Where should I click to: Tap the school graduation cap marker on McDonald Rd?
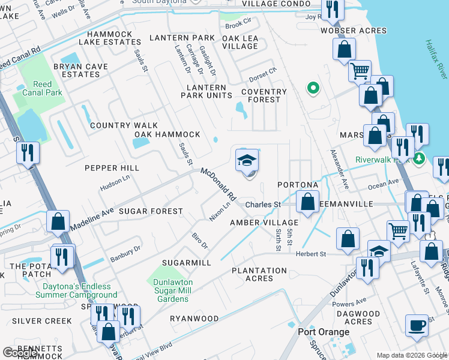coord(247,161)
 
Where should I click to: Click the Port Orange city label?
coord(324,332)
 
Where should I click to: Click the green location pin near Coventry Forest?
coord(312,89)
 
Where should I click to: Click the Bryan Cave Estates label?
coord(80,70)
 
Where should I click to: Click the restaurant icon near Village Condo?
coord(332,10)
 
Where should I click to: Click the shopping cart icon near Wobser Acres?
coord(360,71)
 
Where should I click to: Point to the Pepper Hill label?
coord(112,168)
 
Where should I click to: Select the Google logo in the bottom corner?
coord(20,353)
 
